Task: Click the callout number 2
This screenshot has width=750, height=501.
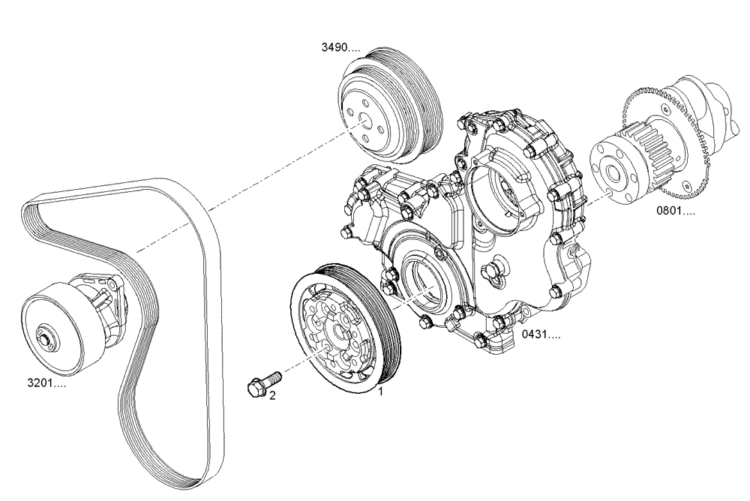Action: (272, 395)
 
